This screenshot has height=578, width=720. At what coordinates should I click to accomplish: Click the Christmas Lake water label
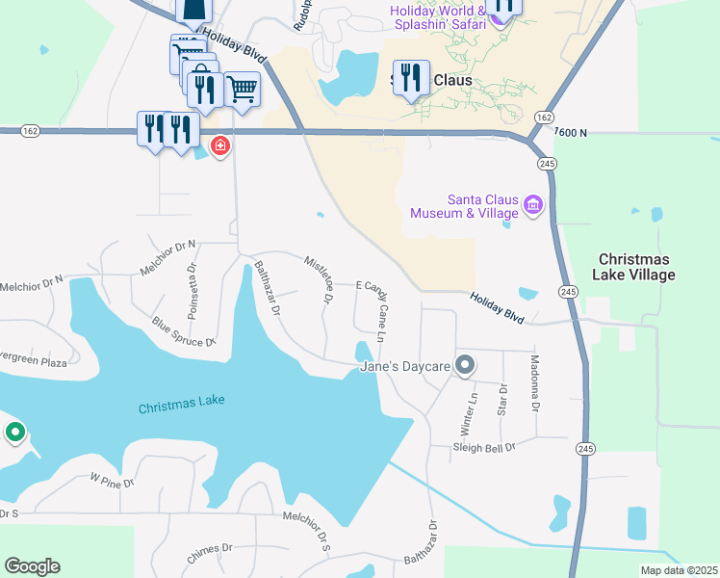pyautogui.click(x=180, y=407)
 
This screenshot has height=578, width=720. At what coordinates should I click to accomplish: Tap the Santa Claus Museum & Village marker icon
pyautogui.click(x=533, y=204)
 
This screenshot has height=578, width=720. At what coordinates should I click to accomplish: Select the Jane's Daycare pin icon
pyautogui.click(x=466, y=365)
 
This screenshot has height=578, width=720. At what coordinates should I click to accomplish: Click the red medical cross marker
pyautogui.click(x=220, y=145)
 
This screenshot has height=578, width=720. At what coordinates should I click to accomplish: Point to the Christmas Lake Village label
pyautogui.click(x=636, y=267)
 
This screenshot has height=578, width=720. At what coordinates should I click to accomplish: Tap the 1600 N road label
pyautogui.click(x=570, y=132)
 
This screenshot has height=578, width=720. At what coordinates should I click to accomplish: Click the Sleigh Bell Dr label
pyautogui.click(x=485, y=447)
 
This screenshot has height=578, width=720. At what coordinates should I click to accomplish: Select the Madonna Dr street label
pyautogui.click(x=535, y=382)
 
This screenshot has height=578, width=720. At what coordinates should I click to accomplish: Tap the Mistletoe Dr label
pyautogui.click(x=319, y=280)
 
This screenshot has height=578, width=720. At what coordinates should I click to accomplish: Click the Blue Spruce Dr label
pyautogui.click(x=183, y=329)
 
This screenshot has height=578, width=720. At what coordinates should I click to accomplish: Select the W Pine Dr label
pyautogui.click(x=112, y=479)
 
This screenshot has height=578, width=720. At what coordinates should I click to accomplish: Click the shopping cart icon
pyautogui.click(x=243, y=89)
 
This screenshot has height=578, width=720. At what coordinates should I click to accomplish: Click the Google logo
pyautogui.click(x=32, y=566)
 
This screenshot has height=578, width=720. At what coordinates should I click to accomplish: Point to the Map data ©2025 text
pyautogui.click(x=679, y=570)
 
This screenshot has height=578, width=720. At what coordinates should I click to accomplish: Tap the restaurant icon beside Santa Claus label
pyautogui.click(x=411, y=78)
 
